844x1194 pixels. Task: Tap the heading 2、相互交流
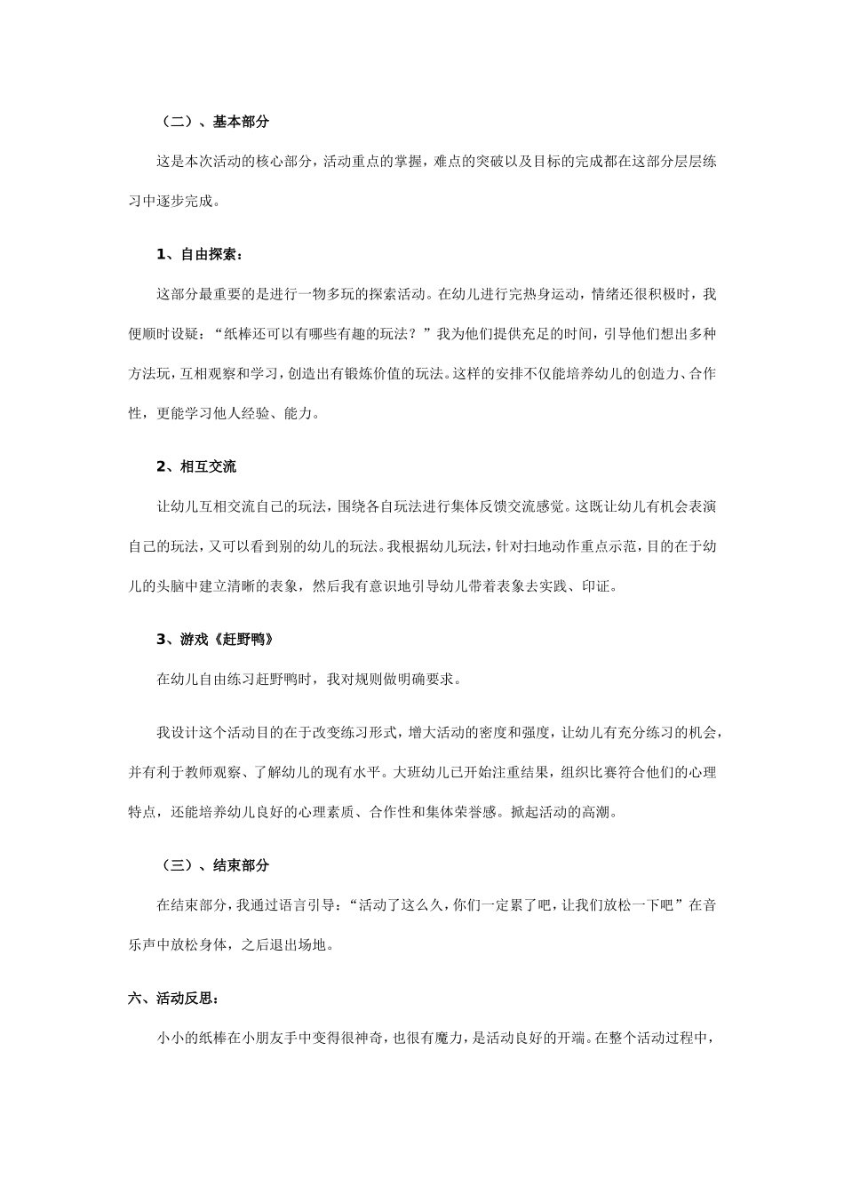tap(196, 466)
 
